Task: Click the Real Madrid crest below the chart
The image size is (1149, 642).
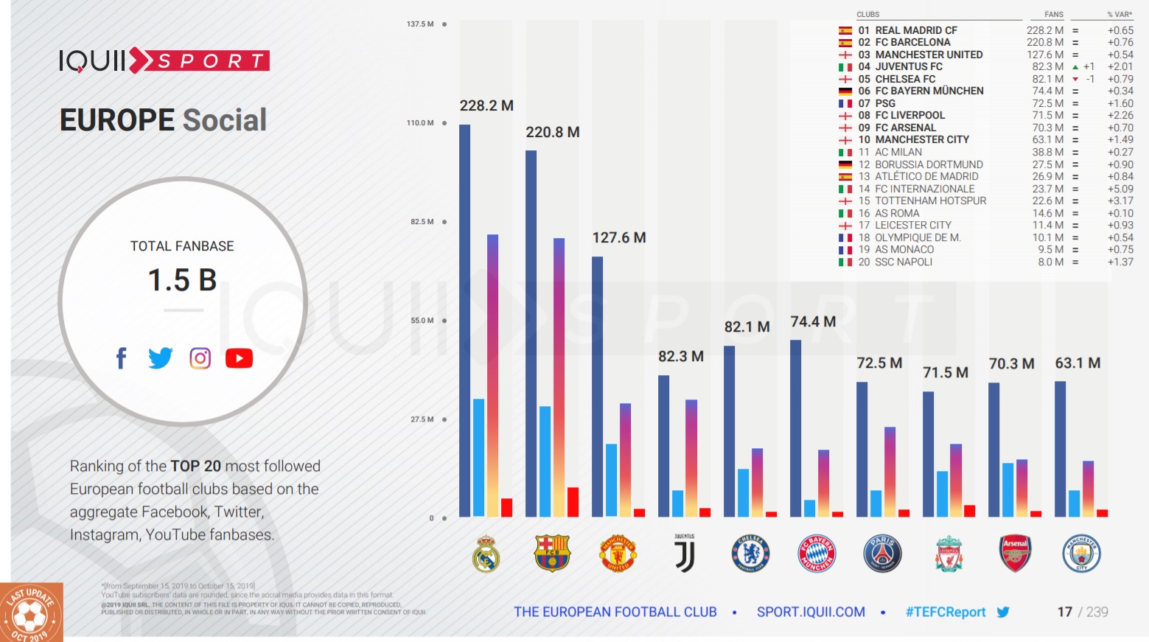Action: click(x=486, y=554)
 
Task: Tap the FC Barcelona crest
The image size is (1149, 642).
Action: click(x=552, y=554)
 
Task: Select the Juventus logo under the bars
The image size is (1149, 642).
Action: click(x=685, y=554)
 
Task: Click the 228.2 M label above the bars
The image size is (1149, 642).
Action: click(x=486, y=105)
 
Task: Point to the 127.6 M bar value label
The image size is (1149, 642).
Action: click(x=619, y=237)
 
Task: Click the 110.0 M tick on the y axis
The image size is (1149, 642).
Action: click(x=420, y=123)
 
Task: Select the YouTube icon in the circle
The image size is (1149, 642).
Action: click(x=239, y=358)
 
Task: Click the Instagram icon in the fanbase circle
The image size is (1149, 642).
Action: click(x=200, y=358)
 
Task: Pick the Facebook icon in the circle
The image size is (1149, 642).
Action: click(x=122, y=358)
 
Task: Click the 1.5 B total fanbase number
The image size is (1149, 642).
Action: click(x=182, y=280)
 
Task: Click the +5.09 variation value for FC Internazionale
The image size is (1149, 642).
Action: click(x=1120, y=189)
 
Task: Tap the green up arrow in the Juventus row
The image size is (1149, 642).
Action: click(x=1075, y=67)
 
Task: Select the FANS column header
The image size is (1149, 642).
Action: click(x=1053, y=14)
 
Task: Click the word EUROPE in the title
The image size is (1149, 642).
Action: click(x=116, y=120)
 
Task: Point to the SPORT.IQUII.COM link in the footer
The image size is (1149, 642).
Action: click(x=811, y=612)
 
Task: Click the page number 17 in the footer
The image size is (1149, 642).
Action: click(x=1064, y=612)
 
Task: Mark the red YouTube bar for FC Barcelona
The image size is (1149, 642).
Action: click(x=573, y=502)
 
